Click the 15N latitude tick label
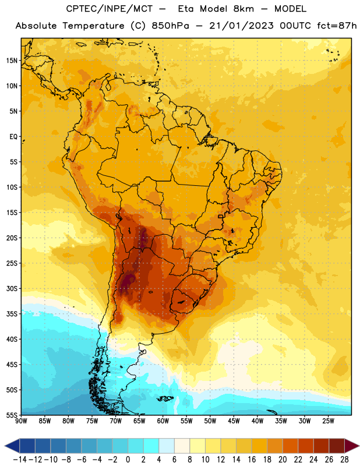(x=12, y=61)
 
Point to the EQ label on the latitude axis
(x=13, y=137)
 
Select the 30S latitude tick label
(x=12, y=288)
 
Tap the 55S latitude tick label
(x=12, y=415)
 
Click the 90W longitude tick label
(x=21, y=421)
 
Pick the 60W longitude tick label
(x=163, y=421)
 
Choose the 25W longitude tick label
(x=328, y=421)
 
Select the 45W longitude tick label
(x=234, y=421)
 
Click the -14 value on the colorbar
(x=20, y=460)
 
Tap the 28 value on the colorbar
(x=344, y=460)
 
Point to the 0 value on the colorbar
(x=128, y=460)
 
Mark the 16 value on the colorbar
(x=252, y=460)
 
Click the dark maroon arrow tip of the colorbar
(x=352, y=446)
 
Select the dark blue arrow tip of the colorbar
(x=12, y=446)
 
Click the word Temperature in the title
(x=93, y=26)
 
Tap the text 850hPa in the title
(x=170, y=26)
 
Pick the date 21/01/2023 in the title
(x=241, y=26)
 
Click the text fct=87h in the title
(x=337, y=26)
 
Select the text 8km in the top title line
(x=243, y=9)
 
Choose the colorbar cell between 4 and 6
(x=167, y=446)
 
